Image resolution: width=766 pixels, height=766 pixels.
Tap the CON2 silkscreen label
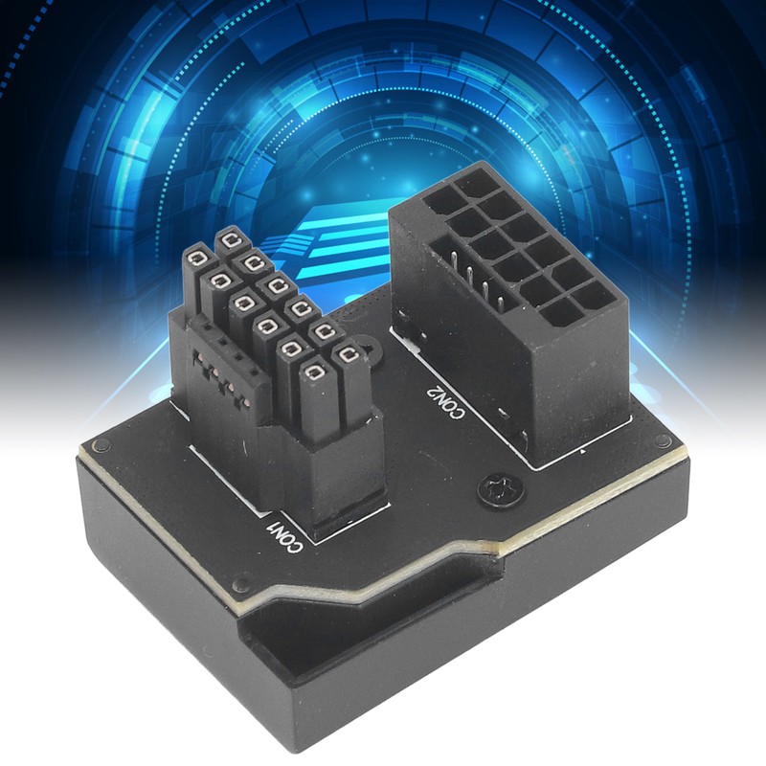tap(441, 400)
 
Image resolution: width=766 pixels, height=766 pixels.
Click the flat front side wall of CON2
tap(574, 383)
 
